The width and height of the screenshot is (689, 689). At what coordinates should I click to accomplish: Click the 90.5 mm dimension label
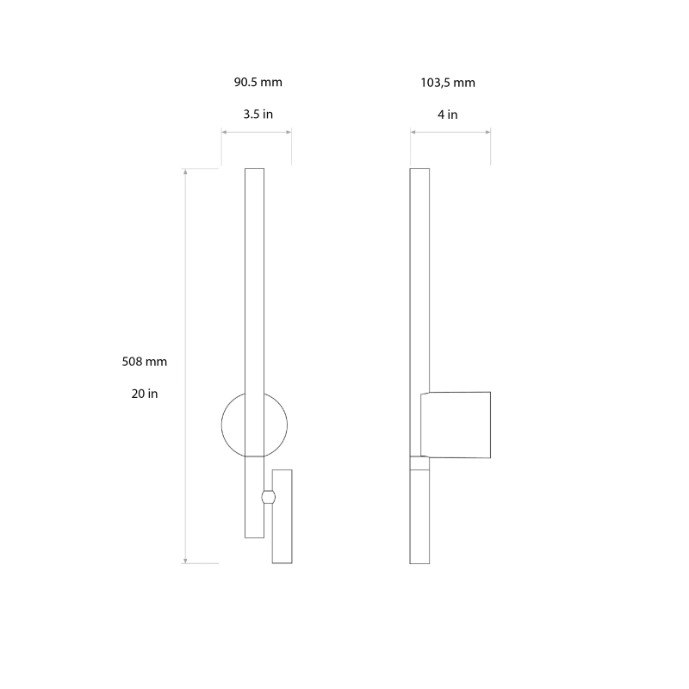coord(258,84)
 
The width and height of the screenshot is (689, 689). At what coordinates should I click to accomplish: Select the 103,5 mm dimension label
coord(448,84)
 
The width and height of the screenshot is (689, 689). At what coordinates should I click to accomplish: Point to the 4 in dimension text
coord(448,115)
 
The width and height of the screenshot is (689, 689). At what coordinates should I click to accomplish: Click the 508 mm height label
coord(145,362)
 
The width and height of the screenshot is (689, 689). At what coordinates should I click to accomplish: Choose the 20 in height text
coord(145,394)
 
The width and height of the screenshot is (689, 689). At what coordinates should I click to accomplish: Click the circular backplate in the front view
coord(233,424)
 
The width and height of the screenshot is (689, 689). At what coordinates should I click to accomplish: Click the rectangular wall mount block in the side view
coord(456,425)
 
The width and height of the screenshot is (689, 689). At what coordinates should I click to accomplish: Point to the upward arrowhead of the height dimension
coord(186,171)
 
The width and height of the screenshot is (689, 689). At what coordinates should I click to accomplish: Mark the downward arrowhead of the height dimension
coord(186,561)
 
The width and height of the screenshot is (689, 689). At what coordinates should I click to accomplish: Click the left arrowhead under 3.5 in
coord(224,132)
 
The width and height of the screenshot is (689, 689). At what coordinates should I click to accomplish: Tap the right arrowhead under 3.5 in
coord(289,132)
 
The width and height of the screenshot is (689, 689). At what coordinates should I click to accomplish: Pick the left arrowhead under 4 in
coord(413,132)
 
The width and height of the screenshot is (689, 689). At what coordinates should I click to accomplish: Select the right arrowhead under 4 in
coord(488,132)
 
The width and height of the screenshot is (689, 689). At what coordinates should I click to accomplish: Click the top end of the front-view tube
coord(254,171)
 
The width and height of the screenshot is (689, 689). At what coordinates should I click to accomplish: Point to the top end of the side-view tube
coord(419,171)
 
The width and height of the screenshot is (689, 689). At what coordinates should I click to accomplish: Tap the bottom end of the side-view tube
coord(419,562)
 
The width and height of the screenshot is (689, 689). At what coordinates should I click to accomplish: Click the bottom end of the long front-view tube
coord(254,536)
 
